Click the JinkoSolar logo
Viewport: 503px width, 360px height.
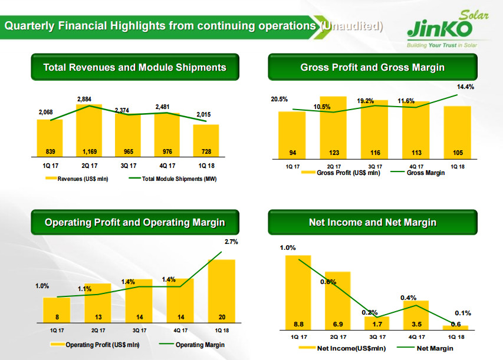pos(448,29)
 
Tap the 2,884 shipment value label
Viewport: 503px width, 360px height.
pos(83,100)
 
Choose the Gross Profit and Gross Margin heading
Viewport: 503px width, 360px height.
pos(372,67)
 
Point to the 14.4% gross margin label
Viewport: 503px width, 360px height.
pos(465,87)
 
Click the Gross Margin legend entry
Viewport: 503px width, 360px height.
pos(425,173)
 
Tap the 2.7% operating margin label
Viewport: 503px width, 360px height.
pos(232,242)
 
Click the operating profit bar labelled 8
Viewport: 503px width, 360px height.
pos(56,309)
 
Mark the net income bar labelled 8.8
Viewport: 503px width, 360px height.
pos(298,292)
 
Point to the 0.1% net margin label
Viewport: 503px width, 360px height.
pos(462,313)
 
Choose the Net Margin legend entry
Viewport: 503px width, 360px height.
pos(435,348)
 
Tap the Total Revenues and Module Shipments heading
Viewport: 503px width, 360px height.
pos(134,67)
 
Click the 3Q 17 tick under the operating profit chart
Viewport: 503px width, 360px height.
pos(139,331)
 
